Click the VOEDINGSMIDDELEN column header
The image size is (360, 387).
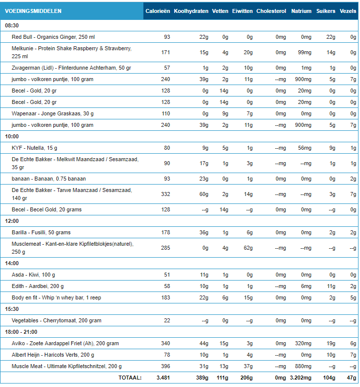[33, 11]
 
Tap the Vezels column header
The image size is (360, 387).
[348, 11]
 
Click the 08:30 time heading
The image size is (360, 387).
[12, 25]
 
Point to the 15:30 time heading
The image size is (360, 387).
[12, 309]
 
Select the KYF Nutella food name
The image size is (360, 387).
[34, 147]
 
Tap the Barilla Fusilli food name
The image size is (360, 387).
[41, 232]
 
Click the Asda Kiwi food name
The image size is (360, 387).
[33, 275]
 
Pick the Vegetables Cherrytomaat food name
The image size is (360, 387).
[57, 320]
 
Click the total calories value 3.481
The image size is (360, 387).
[163, 378]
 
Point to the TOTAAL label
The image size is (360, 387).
[129, 378]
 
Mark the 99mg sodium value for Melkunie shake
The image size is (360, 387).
[304, 52]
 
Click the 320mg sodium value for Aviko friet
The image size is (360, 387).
[302, 343]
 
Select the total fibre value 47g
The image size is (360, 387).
[351, 378]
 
